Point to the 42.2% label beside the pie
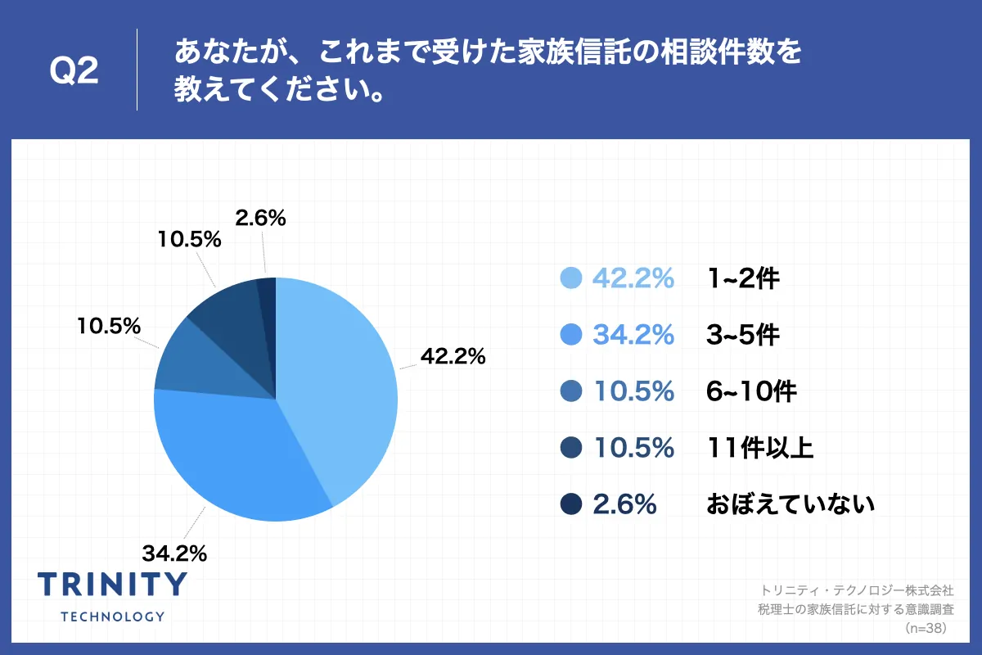point(453,357)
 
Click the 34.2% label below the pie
point(173,553)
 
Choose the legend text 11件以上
point(759,448)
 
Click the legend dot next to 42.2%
point(571,279)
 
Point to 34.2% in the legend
point(633,335)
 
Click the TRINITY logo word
point(113,584)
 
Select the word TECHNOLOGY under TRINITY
point(113,617)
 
